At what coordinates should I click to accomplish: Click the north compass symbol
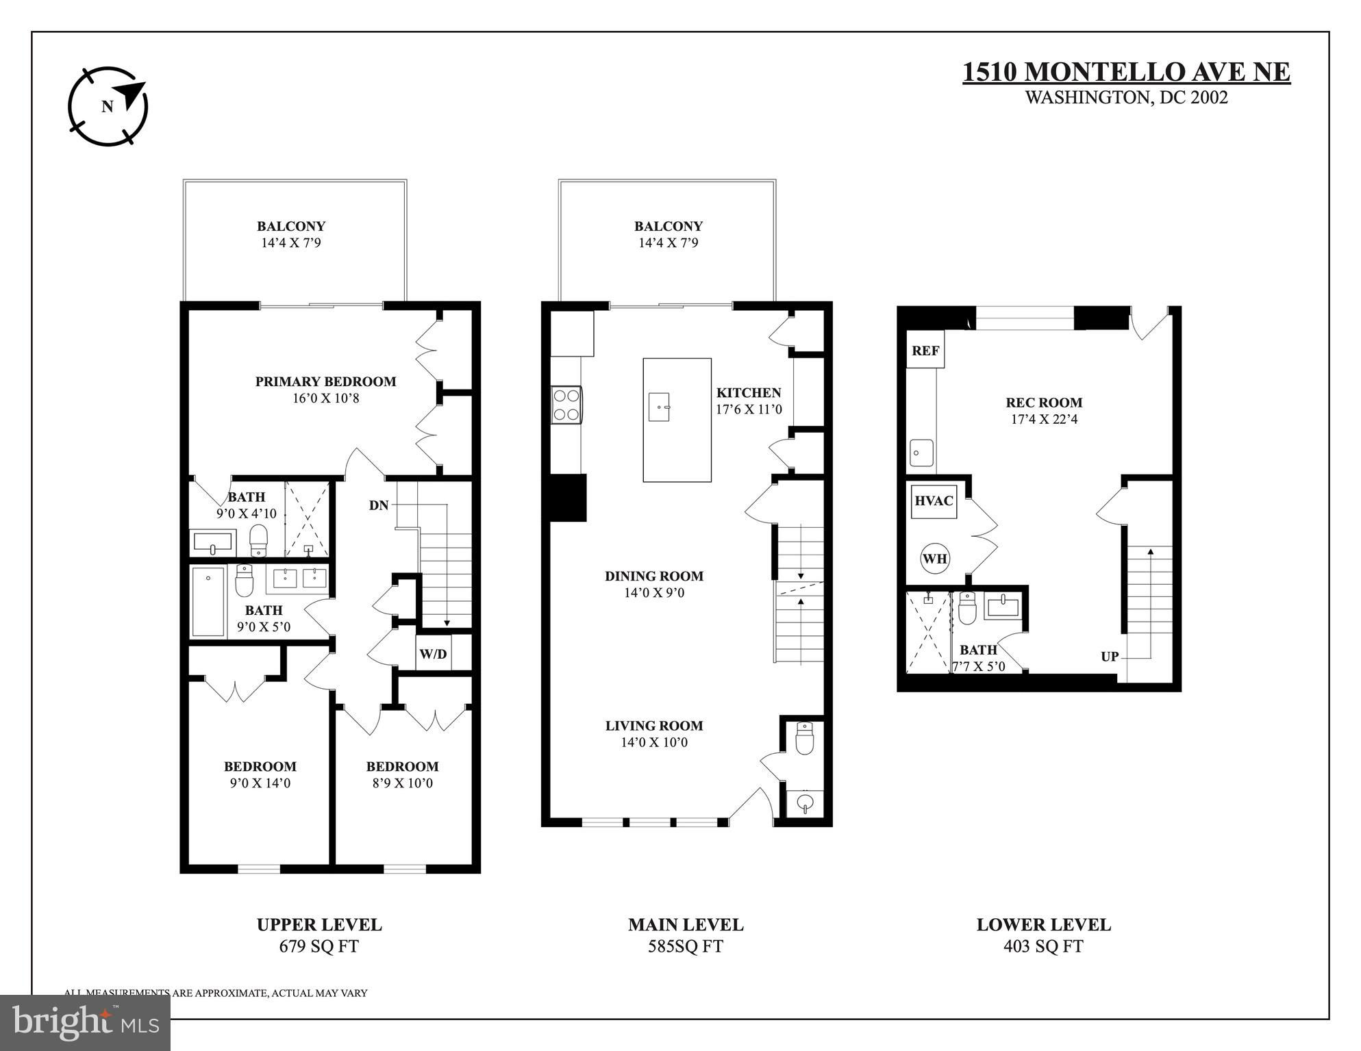[108, 106]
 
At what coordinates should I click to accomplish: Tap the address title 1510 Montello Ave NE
[1126, 72]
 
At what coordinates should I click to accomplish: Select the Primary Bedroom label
[325, 381]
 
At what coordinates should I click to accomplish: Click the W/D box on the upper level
[433, 653]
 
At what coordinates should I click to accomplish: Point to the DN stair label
[379, 505]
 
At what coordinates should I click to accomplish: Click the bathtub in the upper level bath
[208, 601]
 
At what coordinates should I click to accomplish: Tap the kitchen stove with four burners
[566, 405]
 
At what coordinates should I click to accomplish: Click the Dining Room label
[654, 576]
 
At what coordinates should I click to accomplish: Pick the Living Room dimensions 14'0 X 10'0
[654, 742]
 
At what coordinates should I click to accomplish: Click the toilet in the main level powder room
[805, 737]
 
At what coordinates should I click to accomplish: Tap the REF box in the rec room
[925, 350]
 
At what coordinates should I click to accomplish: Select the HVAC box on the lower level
[934, 501]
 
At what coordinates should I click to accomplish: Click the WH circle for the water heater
[935, 558]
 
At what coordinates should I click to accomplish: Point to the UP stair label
[1110, 657]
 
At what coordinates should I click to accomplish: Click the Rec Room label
[1044, 403]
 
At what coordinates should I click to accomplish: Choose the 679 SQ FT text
[319, 946]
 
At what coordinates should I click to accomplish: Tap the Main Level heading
[686, 925]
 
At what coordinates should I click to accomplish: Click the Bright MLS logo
[85, 1023]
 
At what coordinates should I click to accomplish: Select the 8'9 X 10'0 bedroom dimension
[403, 783]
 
